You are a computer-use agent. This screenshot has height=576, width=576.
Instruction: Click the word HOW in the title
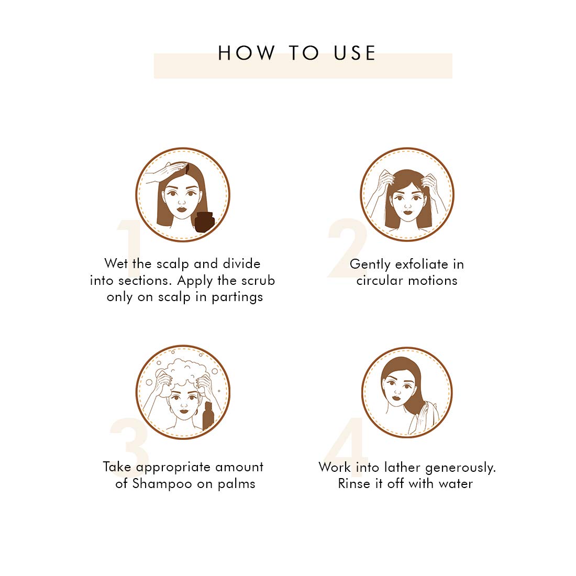247,53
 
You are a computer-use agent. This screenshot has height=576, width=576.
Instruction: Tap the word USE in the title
355,53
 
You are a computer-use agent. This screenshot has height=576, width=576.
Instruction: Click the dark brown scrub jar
205,222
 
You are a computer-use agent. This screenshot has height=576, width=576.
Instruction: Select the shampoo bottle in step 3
208,415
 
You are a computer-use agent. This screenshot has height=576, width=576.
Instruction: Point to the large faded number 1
129,248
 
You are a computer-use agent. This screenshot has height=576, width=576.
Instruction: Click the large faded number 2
347,248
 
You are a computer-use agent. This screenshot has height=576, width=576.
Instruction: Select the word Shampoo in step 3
162,484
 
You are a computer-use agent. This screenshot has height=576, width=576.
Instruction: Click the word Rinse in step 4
354,483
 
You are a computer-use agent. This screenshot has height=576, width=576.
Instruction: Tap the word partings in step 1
237,297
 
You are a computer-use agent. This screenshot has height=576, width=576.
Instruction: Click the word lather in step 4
402,467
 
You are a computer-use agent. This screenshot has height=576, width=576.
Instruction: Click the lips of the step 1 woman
182,209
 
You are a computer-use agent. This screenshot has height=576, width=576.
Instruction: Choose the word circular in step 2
380,281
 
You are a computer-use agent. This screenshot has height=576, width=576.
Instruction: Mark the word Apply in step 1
195,281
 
